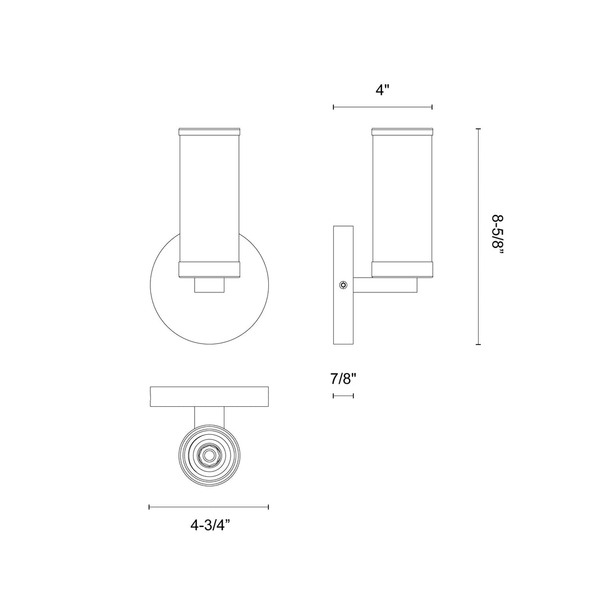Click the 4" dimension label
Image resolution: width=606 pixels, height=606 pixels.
click(x=383, y=90)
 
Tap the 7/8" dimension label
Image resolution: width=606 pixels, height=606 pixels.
click(x=343, y=379)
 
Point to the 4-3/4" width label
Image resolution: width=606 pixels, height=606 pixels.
click(x=210, y=525)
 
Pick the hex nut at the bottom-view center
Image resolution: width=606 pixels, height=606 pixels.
click(x=209, y=456)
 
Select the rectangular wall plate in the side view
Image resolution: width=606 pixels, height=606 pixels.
click(x=343, y=314)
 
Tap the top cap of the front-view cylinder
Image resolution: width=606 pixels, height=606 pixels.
click(x=209, y=132)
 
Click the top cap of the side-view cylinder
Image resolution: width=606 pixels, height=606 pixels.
click(x=402, y=132)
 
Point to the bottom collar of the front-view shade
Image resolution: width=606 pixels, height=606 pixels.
click(x=209, y=270)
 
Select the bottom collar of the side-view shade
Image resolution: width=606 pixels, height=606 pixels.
click(x=402, y=270)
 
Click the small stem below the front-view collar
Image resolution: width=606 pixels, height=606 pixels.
click(x=209, y=285)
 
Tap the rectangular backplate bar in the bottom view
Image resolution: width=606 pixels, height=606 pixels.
click(x=209, y=396)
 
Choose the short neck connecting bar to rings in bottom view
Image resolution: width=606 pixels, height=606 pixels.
click(x=209, y=416)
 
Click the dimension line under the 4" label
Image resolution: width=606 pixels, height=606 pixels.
click(x=383, y=107)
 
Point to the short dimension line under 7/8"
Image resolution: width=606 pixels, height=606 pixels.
click(x=343, y=396)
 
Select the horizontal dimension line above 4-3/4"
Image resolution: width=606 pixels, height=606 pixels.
click(x=209, y=507)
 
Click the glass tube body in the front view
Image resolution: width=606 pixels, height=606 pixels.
click(x=209, y=196)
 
